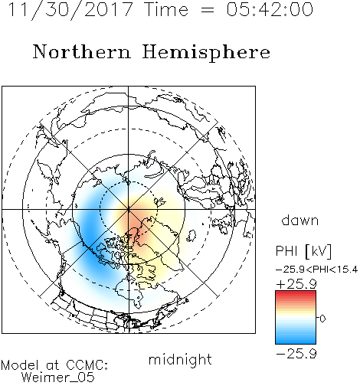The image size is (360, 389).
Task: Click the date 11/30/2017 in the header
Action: pyautogui.click(x=70, y=10)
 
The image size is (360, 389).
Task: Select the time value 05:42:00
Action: pyautogui.click(x=270, y=9)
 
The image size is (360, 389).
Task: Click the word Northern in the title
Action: pyautogui.click(x=82, y=52)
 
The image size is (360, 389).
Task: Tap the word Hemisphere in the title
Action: pyautogui.click(x=206, y=53)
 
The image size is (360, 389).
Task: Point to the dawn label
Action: pyautogui.click(x=300, y=220)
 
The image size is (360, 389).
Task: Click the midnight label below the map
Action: pyautogui.click(x=180, y=360)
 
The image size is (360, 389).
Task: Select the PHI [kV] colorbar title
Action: pyautogui.click(x=303, y=251)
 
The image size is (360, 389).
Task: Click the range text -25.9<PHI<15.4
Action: pyautogui.click(x=317, y=270)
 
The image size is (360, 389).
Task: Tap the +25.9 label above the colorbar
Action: pyautogui.click(x=296, y=284)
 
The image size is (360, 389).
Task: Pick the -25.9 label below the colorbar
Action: pyautogui.click(x=296, y=354)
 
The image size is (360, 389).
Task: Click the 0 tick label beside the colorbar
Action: pyautogui.click(x=322, y=319)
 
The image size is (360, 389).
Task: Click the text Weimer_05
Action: pyautogui.click(x=58, y=378)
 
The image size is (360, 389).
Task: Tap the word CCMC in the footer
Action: pyautogui.click(x=87, y=365)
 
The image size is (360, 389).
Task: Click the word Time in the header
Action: pyautogui.click(x=166, y=10)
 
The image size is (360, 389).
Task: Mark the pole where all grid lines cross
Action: pyautogui.click(x=129, y=209)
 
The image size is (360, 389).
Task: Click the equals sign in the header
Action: pyautogui.click(x=208, y=10)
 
